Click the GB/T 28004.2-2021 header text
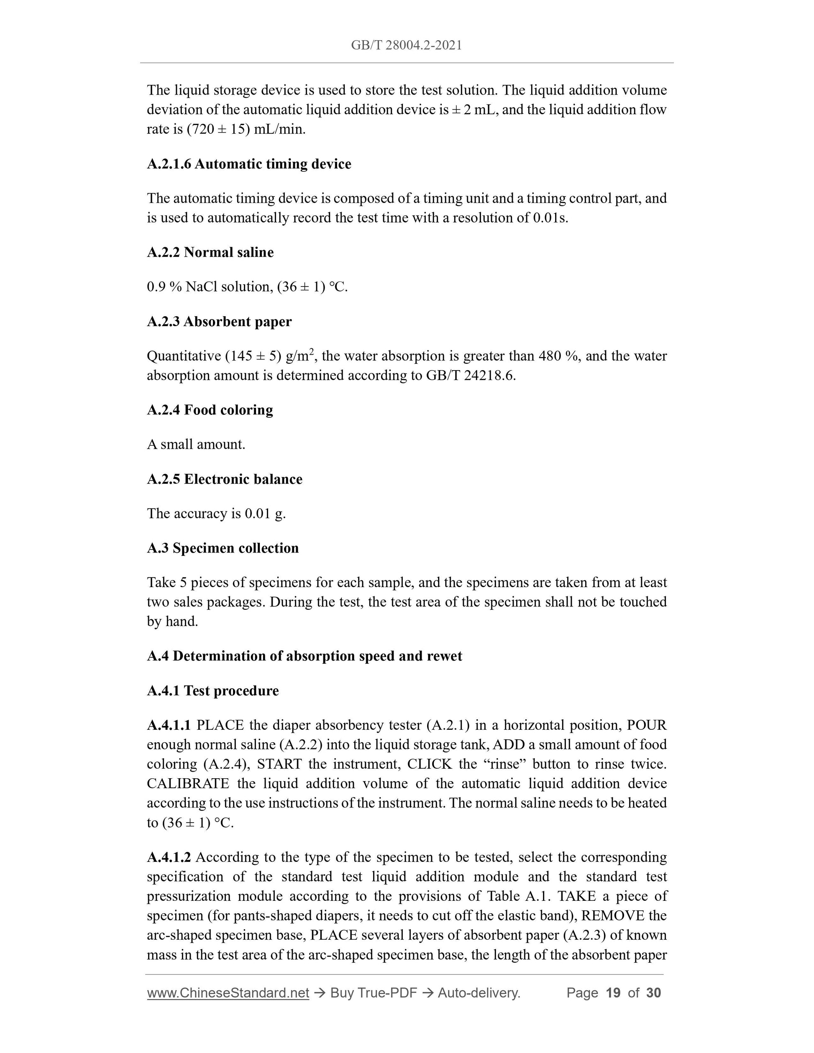(x=406, y=45)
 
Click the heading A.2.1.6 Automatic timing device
(x=249, y=164)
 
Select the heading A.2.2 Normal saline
(x=210, y=252)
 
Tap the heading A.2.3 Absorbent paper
(x=220, y=322)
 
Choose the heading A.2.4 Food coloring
(x=210, y=410)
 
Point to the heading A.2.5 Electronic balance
(x=225, y=479)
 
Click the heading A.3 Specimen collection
(x=223, y=548)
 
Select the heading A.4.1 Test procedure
(x=212, y=690)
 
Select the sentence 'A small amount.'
(x=196, y=445)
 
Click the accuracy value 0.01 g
(x=265, y=514)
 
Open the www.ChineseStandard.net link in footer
(x=228, y=993)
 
